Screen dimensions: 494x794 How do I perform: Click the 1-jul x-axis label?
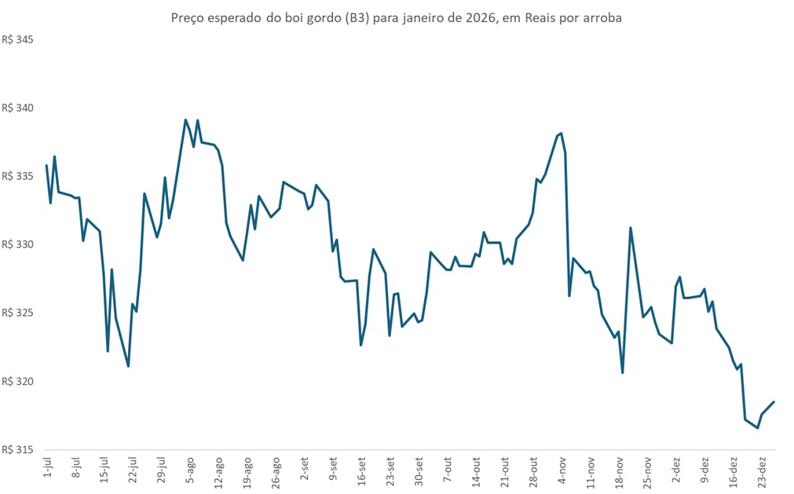[x=47, y=468]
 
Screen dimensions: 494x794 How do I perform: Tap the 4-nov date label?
[x=563, y=469]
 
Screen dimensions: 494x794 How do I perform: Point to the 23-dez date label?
[x=762, y=470]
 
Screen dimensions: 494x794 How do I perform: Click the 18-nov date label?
[x=620, y=470]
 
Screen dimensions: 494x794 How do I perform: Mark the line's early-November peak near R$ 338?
[x=562, y=134]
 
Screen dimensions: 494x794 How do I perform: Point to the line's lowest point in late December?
[x=757, y=428]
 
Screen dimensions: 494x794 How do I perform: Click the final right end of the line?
[x=774, y=402]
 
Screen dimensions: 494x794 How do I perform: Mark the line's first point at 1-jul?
[x=47, y=165]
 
